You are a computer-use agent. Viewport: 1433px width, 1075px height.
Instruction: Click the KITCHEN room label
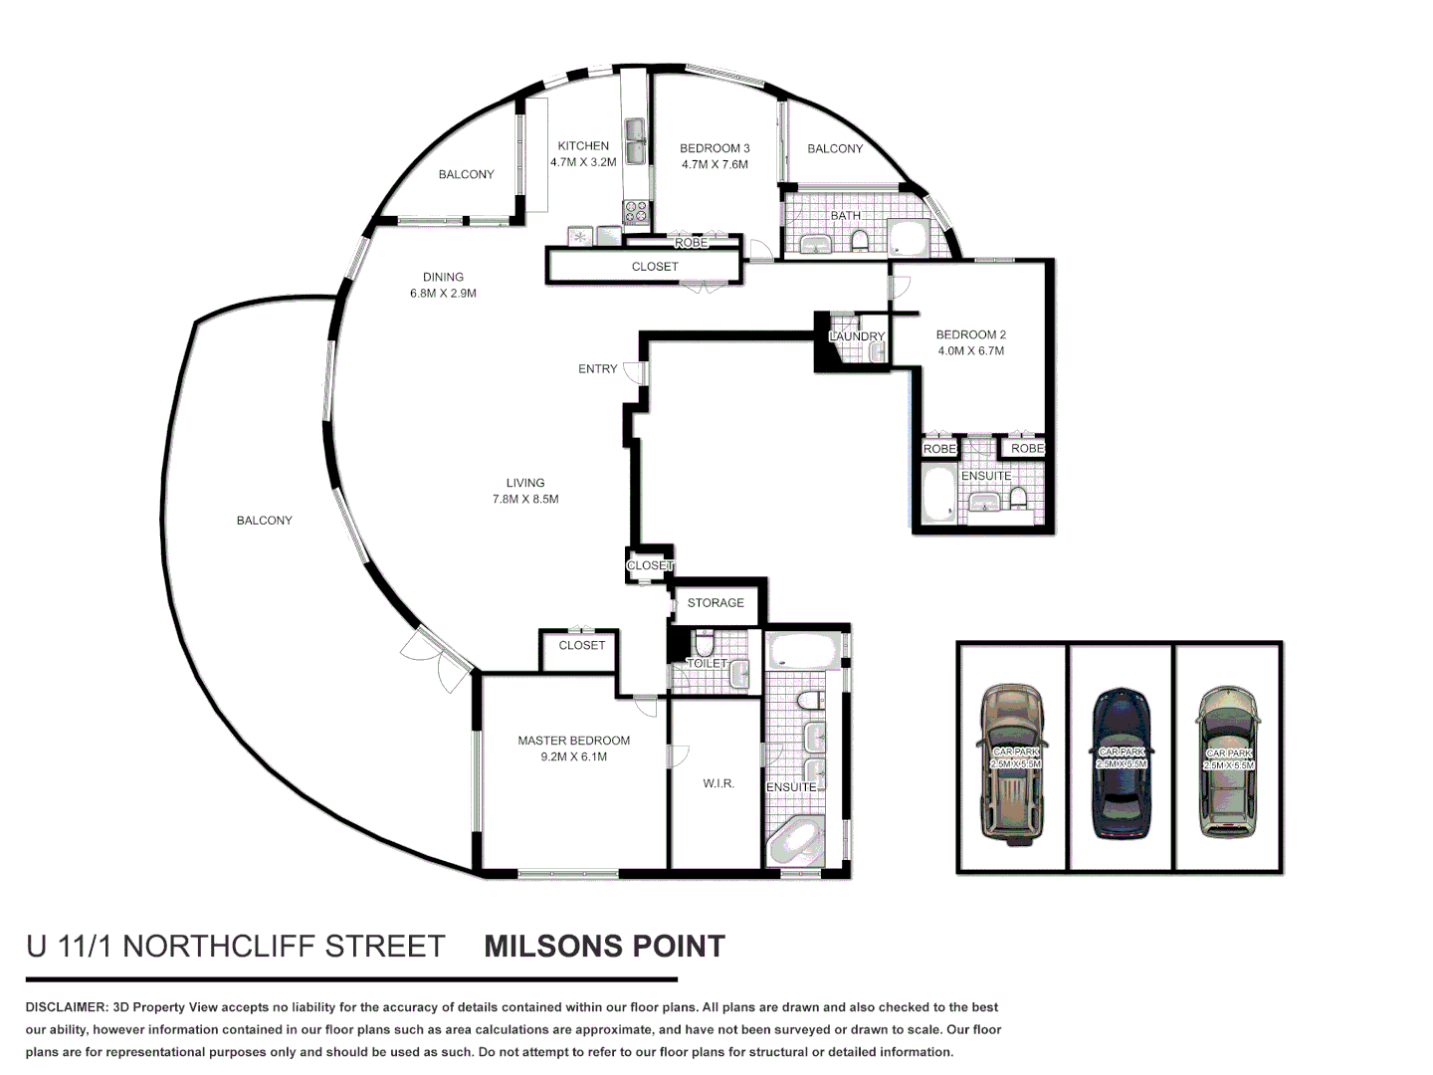(583, 145)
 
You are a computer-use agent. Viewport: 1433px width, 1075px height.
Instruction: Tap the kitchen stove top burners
(635, 212)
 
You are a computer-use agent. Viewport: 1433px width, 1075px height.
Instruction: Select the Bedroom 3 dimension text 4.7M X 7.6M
(715, 164)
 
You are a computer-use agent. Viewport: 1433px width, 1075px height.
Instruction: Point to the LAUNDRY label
(857, 336)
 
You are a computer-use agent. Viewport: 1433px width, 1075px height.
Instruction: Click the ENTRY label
(597, 368)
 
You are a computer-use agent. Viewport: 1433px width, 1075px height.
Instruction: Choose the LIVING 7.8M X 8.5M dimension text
(525, 499)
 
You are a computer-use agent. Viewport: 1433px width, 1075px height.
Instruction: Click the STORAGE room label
(716, 602)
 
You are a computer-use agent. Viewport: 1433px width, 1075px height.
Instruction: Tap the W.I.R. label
(718, 783)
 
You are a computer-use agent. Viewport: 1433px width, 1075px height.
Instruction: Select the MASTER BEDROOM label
(573, 741)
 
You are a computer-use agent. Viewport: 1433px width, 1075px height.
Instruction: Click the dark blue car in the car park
(1122, 762)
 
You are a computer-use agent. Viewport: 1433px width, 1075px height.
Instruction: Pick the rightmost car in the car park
(1229, 762)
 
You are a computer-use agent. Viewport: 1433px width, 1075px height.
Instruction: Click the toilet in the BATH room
(858, 239)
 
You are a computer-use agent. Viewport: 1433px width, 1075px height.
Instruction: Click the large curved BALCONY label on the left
(265, 520)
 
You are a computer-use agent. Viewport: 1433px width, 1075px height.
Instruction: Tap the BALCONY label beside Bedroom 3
(835, 148)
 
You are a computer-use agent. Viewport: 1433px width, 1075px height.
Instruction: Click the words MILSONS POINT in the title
(604, 946)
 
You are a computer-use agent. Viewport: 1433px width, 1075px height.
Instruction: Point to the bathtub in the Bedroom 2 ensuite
(938, 495)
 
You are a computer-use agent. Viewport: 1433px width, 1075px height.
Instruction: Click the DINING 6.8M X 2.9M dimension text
(443, 293)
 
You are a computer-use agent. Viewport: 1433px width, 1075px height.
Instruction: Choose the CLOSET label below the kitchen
(655, 267)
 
